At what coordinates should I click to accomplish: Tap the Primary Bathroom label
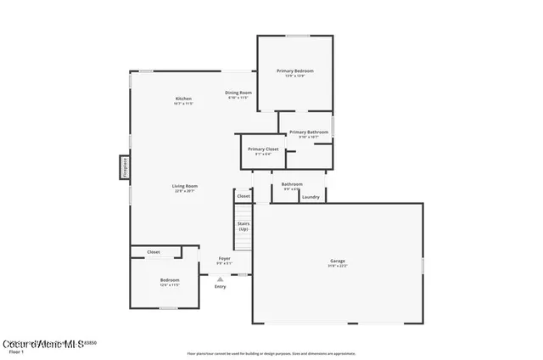309,132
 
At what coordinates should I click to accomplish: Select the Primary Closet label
263,149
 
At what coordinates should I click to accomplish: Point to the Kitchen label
184,98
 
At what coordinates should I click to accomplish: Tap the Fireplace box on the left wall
125,167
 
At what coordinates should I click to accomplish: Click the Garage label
338,261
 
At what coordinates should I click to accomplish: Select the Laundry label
311,197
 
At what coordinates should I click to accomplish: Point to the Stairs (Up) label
244,226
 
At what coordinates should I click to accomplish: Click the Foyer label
224,258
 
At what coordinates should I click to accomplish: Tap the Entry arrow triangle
221,278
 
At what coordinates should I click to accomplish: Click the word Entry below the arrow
221,286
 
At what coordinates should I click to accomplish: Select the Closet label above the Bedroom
154,252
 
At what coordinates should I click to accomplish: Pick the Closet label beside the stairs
244,196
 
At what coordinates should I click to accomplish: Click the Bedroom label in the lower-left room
170,279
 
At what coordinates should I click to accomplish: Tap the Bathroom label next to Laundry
292,184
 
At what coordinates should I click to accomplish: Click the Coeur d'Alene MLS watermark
43,343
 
